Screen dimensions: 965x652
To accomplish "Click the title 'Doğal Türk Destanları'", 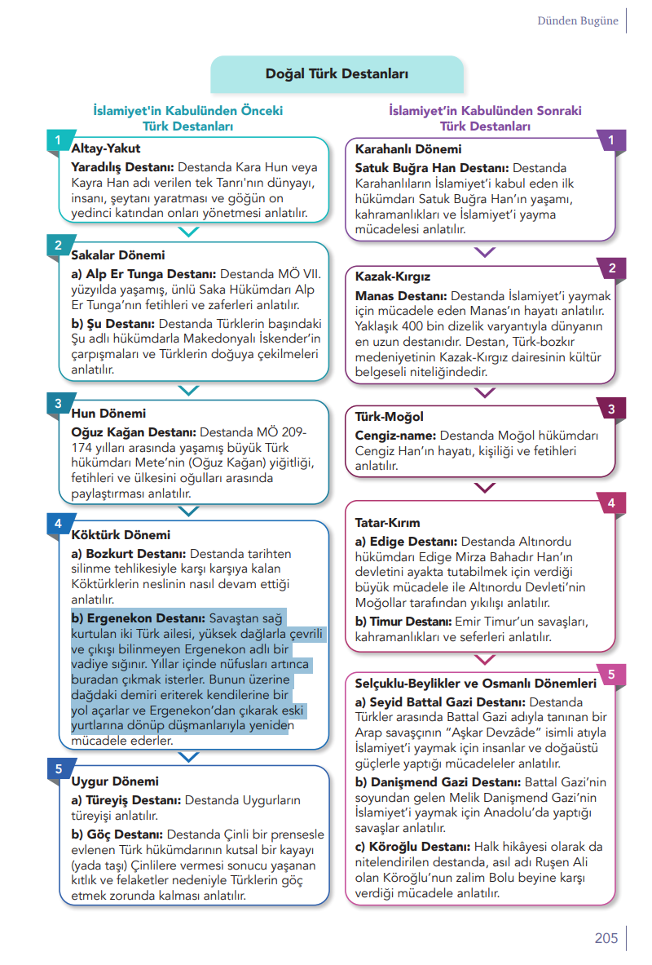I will [337, 74].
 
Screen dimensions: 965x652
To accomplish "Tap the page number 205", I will [606, 938].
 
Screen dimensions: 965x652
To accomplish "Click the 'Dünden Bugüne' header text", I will [577, 21].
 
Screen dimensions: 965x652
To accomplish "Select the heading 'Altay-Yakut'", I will [106, 148].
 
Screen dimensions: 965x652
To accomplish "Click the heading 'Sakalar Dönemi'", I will [118, 255].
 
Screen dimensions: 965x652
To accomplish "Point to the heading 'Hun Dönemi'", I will [108, 414].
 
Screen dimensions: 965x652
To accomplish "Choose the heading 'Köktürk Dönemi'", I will [121, 535].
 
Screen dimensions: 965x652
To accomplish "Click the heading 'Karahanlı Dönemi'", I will [408, 149].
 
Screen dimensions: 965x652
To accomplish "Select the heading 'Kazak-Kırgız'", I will [393, 277].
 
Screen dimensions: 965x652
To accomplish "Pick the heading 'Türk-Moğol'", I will [390, 417].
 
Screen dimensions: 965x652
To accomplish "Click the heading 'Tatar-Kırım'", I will [388, 523].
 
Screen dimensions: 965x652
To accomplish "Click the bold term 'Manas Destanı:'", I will [400, 295].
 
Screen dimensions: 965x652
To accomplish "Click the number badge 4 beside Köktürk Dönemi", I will [58, 523].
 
